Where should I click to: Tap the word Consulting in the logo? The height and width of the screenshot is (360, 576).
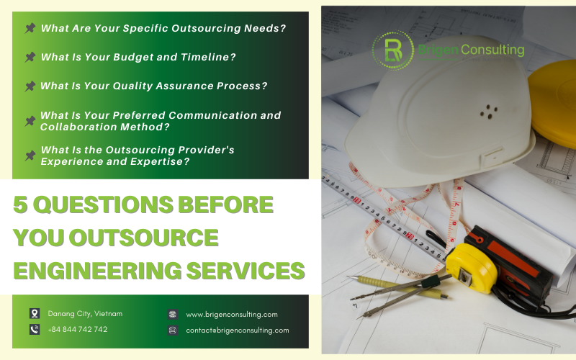click(492, 50)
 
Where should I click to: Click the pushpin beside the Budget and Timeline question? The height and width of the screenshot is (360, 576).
click(30, 57)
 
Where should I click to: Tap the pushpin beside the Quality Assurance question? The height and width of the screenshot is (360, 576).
click(30, 86)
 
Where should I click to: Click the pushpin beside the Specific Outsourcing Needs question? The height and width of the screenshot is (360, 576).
click(30, 28)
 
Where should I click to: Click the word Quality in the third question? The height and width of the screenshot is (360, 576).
click(135, 86)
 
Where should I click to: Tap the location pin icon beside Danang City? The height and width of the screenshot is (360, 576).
click(35, 313)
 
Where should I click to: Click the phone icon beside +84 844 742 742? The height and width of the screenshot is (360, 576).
click(35, 329)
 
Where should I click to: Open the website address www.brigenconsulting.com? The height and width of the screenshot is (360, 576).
click(231, 314)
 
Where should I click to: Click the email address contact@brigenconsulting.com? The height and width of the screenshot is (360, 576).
click(237, 330)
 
